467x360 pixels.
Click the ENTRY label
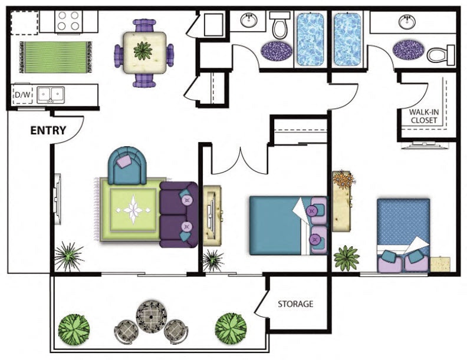point(48,130)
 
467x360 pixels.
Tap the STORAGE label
point(295,304)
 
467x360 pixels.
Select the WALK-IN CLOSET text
point(424,116)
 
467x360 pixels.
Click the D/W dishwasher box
point(22,95)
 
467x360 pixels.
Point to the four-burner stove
point(68,21)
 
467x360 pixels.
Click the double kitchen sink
point(50,95)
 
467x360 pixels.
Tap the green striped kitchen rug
point(55,57)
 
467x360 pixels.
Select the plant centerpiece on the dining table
point(143,51)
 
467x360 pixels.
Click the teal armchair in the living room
point(127,166)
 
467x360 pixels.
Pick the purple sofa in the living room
point(179,215)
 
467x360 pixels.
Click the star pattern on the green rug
point(133,210)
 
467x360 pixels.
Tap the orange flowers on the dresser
point(344,179)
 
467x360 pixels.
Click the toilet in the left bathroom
point(280,26)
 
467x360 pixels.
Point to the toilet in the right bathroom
point(441,55)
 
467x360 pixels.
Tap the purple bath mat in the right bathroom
point(408,49)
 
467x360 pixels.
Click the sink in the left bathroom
point(249,21)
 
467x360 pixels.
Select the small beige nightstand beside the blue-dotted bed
point(439,264)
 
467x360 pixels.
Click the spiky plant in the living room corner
point(69,257)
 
